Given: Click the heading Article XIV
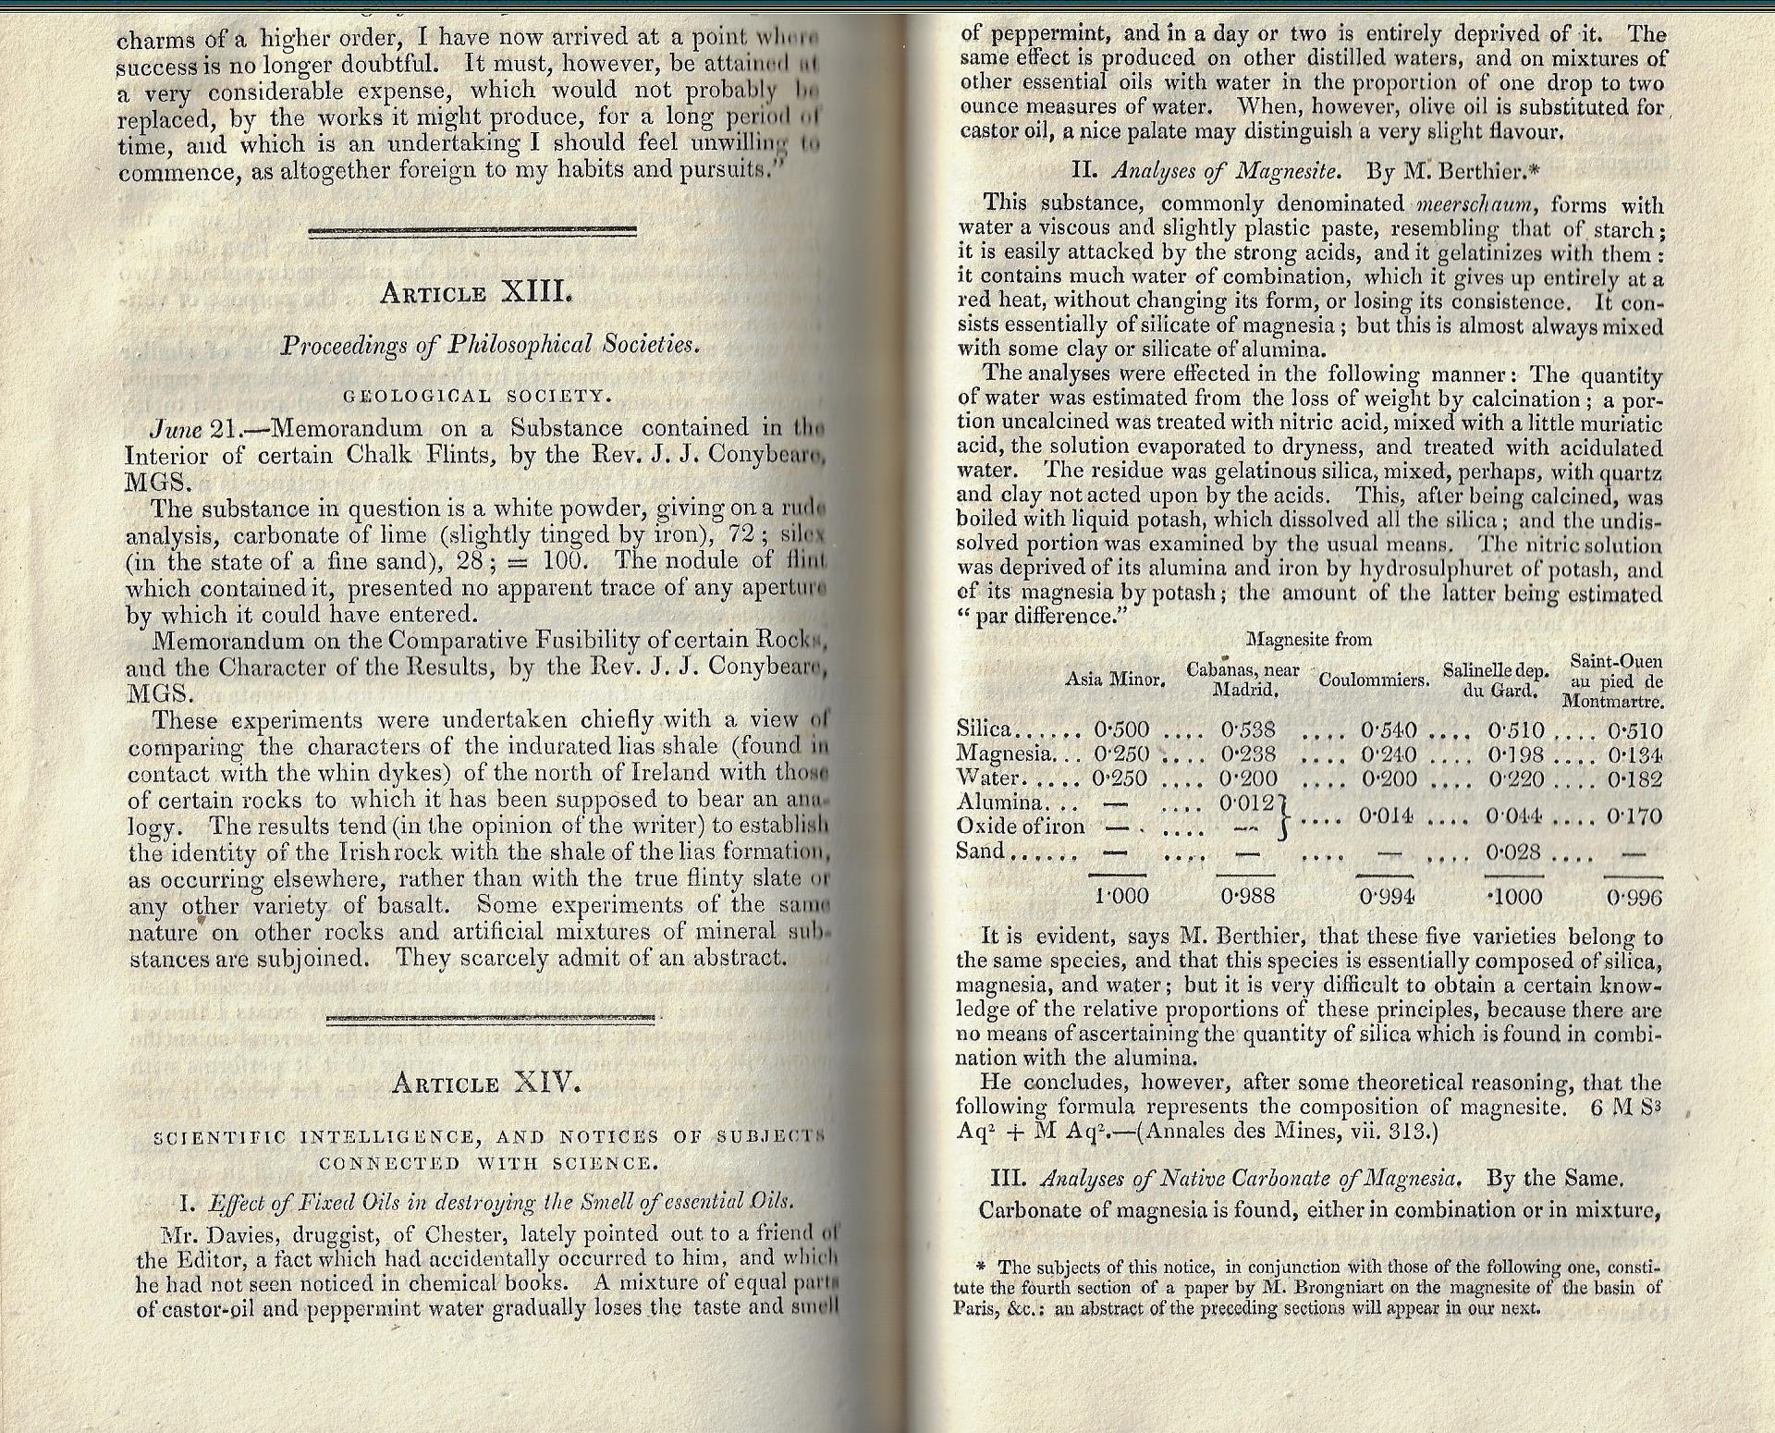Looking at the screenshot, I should pyautogui.click(x=486, y=1083).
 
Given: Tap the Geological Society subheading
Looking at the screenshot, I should pyautogui.click(x=477, y=397).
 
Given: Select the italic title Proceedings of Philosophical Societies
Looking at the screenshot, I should pyautogui.click(x=490, y=345).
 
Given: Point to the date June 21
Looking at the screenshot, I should pyautogui.click(x=190, y=429).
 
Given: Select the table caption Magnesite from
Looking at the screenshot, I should pyautogui.click(x=1308, y=640).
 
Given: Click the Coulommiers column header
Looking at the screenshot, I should pyautogui.click(x=1374, y=680).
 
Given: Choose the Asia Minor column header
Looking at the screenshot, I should pyautogui.click(x=1114, y=680).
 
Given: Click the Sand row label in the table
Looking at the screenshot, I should pyautogui.click(x=980, y=851).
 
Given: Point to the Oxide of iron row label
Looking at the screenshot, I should pyautogui.click(x=1020, y=827).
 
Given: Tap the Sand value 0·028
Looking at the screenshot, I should pyautogui.click(x=1515, y=851).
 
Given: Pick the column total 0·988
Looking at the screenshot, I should pyautogui.click(x=1248, y=896).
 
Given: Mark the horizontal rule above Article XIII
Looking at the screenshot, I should pyautogui.click(x=471, y=231).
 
